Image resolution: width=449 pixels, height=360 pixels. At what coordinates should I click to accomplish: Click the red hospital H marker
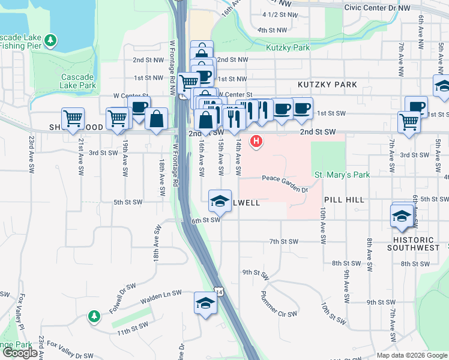point(257,142)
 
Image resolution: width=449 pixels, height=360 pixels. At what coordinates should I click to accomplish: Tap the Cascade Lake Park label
point(78,81)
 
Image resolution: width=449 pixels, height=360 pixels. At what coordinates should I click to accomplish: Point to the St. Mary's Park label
point(343,175)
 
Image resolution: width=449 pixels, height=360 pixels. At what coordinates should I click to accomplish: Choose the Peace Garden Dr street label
point(285,182)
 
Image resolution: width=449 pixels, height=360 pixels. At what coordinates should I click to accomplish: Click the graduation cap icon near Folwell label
point(220,200)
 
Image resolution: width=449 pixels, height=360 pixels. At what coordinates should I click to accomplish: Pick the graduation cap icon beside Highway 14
point(205,303)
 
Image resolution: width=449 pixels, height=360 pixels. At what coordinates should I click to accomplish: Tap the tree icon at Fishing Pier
point(51,41)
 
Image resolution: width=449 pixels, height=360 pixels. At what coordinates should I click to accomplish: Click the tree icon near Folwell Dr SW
point(93,316)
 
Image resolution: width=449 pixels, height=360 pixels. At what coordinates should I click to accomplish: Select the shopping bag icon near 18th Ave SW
point(156,119)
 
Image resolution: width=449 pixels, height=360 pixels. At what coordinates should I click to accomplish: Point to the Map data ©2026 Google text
point(412,355)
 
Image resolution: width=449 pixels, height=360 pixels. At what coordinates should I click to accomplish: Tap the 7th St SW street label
point(283,242)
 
